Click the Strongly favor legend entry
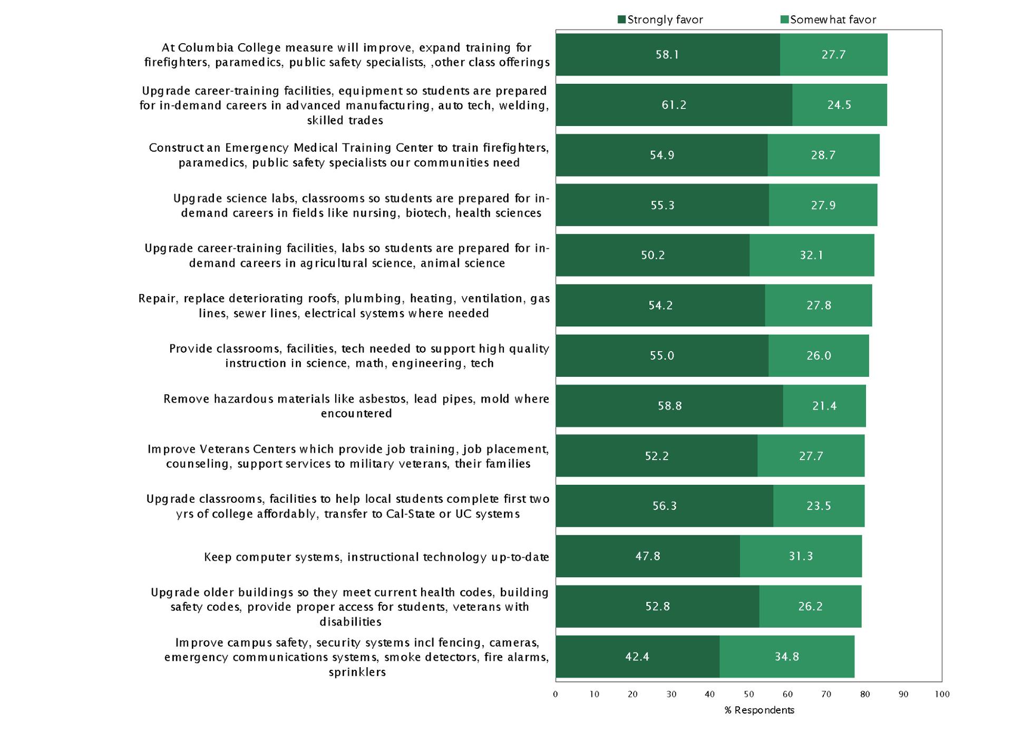(660, 20)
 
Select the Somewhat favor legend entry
(828, 20)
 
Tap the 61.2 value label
(674, 105)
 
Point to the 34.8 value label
(786, 657)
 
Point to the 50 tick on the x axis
(749, 694)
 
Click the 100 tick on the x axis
(942, 694)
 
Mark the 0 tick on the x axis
(556, 694)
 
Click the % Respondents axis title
(759, 710)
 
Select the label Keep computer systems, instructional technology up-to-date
(376, 557)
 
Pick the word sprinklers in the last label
(357, 672)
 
